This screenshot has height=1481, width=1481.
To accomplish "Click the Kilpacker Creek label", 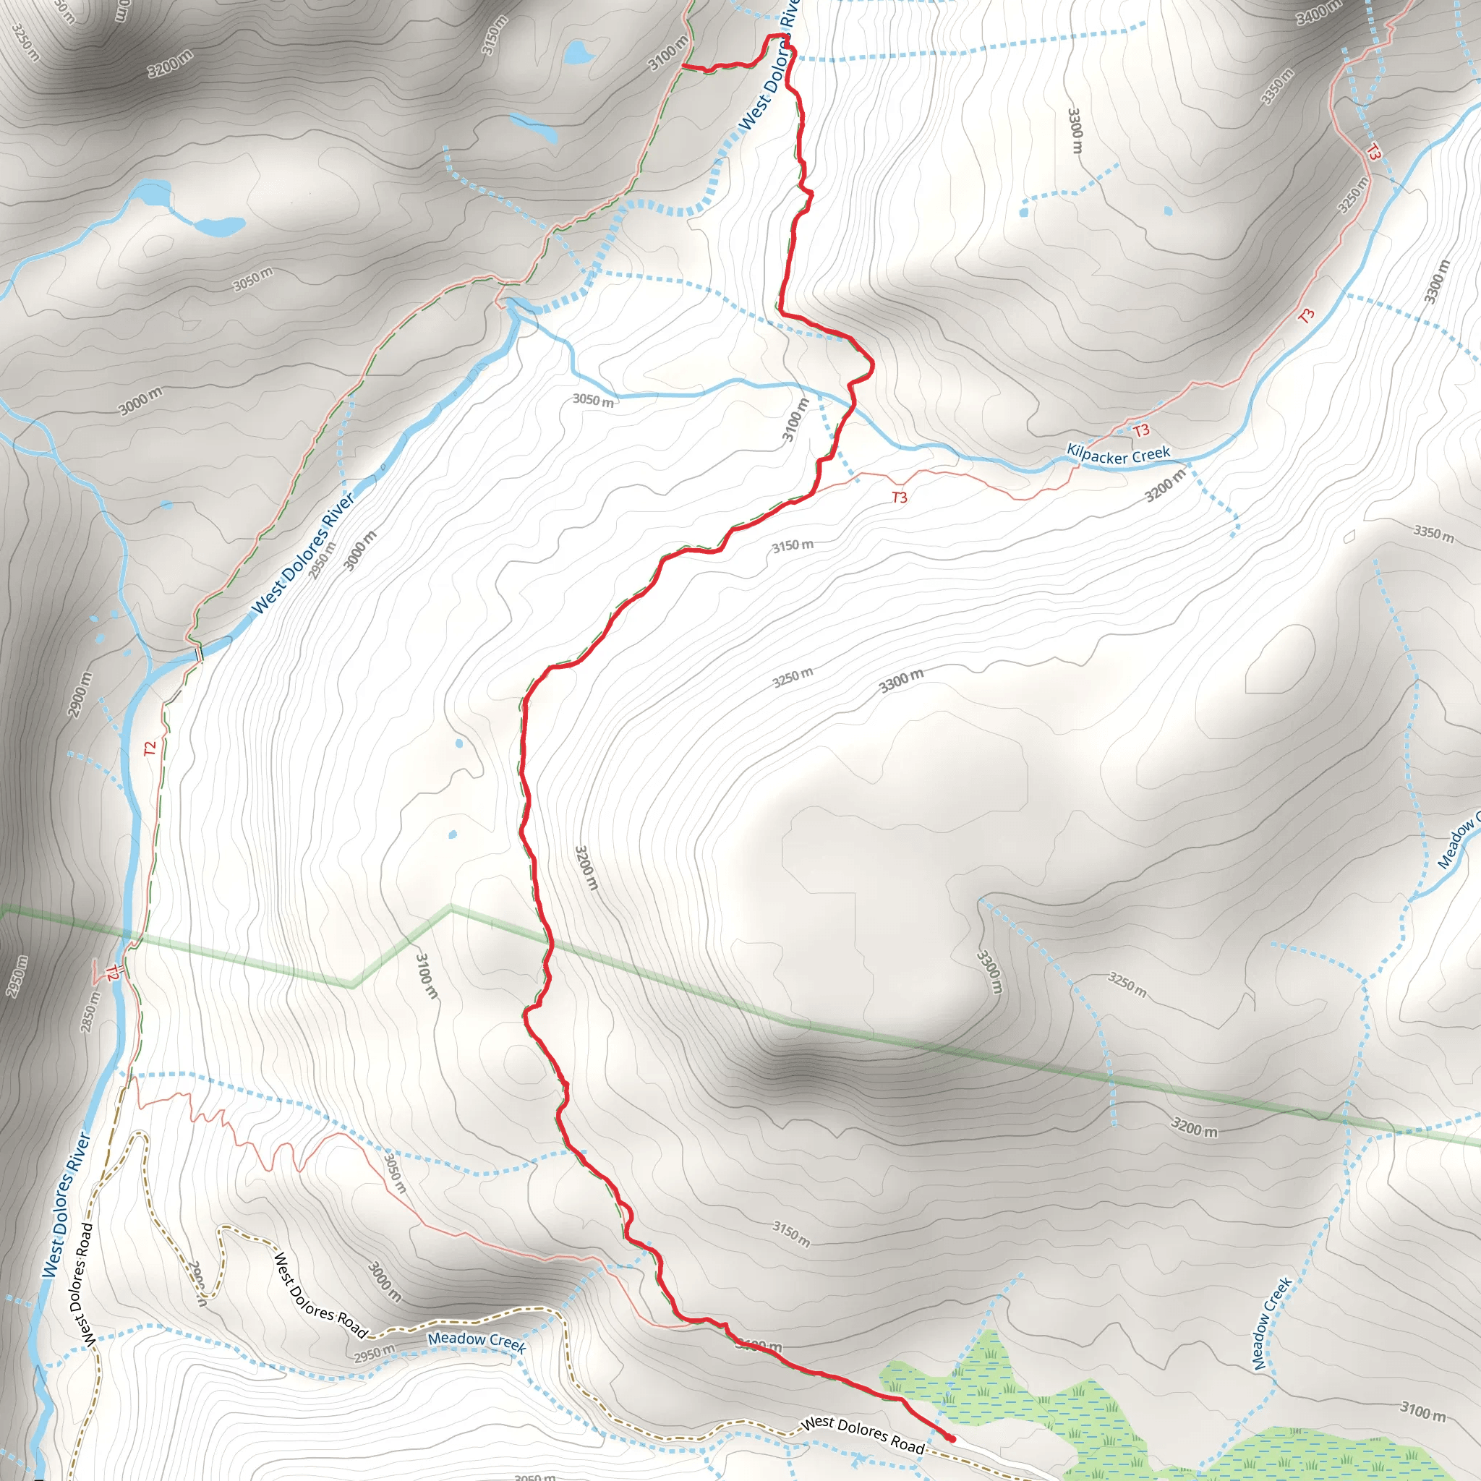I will [x=1119, y=455].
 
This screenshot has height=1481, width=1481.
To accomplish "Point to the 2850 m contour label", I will [x=90, y=1011].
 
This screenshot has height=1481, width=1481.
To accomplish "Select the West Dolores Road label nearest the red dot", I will [x=863, y=1434].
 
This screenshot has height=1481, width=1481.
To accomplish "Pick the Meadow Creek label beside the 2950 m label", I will [x=477, y=1341].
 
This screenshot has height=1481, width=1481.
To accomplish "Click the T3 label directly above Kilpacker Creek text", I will [x=1141, y=430].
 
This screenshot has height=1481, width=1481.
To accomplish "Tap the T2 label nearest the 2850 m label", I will [x=113, y=973].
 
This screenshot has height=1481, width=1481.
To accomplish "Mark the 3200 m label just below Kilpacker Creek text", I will [x=1164, y=485].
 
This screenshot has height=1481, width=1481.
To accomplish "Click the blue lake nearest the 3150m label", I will [x=577, y=52].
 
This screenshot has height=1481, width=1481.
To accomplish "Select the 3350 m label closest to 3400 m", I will [x=1278, y=87].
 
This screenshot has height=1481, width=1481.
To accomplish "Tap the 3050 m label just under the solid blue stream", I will [x=593, y=400].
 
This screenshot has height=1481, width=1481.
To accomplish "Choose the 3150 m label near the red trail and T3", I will [x=793, y=546].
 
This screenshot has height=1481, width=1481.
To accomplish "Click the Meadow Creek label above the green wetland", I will [x=1272, y=1323].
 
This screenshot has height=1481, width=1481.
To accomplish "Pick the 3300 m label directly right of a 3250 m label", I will [x=901, y=680].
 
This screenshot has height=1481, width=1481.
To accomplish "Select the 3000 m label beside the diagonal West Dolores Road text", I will [x=384, y=1281].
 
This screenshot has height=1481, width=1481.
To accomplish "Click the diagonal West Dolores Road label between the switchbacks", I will [x=320, y=1294].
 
